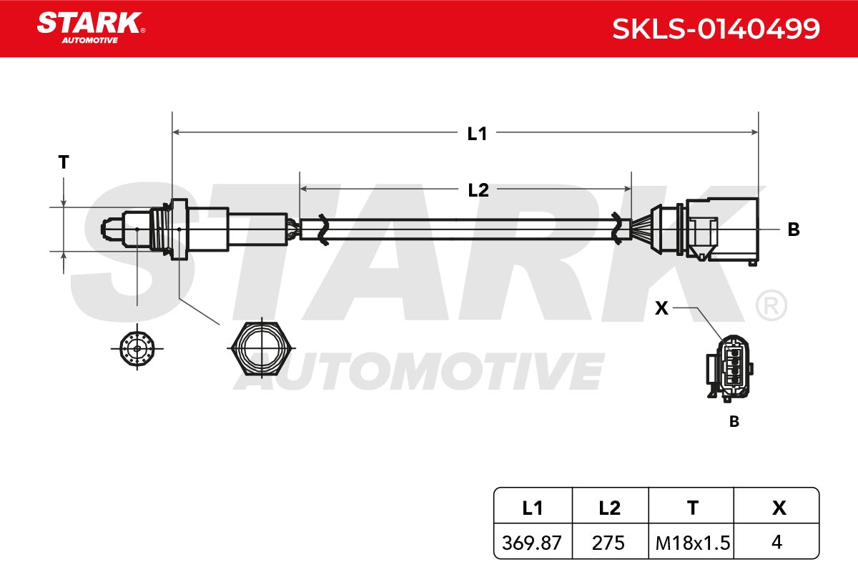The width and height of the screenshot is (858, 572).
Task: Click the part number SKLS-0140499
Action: pos(716,29)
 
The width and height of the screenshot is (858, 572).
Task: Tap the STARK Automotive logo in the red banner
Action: pos(92,28)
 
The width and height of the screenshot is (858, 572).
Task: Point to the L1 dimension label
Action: pos(477,134)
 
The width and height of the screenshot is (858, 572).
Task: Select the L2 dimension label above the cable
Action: pos(478,190)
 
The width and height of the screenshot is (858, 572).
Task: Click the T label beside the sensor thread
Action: pos(64,162)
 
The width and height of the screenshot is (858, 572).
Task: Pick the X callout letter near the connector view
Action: pos(661,308)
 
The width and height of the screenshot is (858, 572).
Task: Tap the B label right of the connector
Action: pos(794,230)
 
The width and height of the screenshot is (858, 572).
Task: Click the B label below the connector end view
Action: pos(734,421)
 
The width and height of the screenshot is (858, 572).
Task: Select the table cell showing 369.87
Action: pos(532,543)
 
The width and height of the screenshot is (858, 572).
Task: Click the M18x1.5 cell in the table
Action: pos(693,543)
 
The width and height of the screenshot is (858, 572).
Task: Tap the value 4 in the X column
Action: pos(776,542)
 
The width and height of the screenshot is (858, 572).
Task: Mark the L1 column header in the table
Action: pos(533,508)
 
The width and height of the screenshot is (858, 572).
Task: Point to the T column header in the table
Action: pos(693,508)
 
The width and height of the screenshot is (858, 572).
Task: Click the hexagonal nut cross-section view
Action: pos(262,348)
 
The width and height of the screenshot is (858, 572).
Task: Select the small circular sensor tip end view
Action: pos(137,348)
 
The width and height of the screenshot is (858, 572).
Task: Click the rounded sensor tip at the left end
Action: pos(112,230)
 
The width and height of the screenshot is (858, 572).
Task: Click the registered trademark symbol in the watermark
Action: pos(771,305)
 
